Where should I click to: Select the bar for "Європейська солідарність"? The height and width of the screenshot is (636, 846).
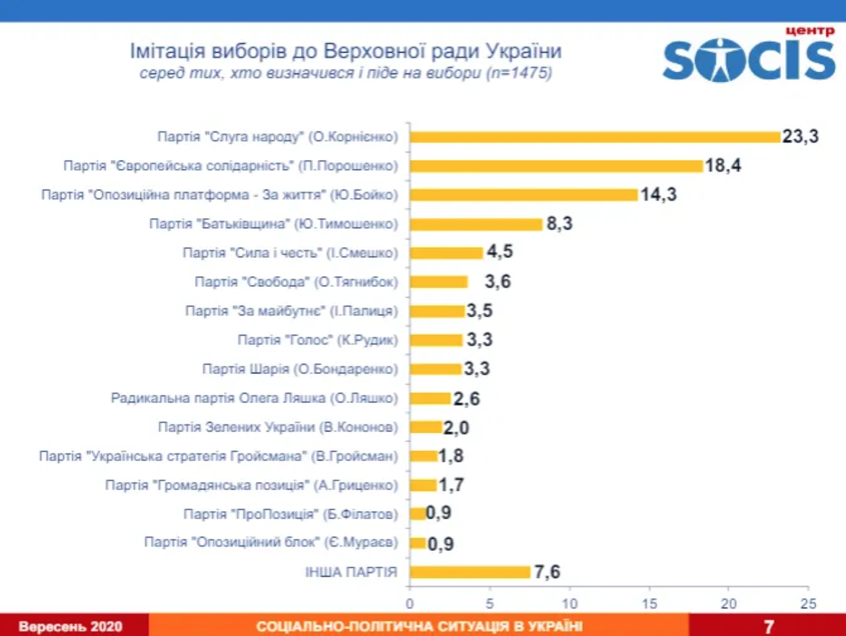click(x=557, y=165)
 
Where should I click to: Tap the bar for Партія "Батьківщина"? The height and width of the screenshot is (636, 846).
click(x=476, y=224)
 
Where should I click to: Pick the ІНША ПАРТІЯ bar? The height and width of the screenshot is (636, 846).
click(x=470, y=573)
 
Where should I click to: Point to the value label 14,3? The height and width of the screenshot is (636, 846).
click(x=658, y=195)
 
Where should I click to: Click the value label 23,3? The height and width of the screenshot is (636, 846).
click(x=801, y=136)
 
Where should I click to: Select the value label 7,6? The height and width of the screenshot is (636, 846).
click(x=547, y=573)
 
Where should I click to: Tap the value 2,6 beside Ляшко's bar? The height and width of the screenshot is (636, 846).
click(x=467, y=398)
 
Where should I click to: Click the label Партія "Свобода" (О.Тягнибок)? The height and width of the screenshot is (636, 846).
click(x=296, y=282)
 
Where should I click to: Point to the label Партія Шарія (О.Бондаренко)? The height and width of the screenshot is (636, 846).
click(x=300, y=369)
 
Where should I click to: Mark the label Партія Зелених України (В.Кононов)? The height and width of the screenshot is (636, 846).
click(x=278, y=427)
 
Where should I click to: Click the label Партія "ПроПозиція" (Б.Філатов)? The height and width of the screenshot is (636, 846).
click(x=291, y=514)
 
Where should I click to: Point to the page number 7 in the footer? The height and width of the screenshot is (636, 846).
click(x=768, y=626)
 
